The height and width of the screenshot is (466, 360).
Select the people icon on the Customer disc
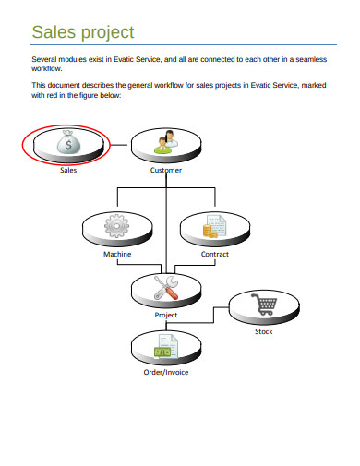point(166,141)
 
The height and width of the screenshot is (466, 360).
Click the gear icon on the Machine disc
point(115,225)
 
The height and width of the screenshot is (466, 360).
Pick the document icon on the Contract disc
point(214,226)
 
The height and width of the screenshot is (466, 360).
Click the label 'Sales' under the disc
point(68,171)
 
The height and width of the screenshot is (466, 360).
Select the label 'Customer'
point(166,171)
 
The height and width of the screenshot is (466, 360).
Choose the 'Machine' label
point(116,254)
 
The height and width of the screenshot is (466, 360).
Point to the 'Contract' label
point(214,254)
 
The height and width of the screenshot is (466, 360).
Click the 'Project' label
point(166,315)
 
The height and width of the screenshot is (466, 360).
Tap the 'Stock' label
point(263,331)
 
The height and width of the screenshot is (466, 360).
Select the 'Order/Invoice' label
point(166,373)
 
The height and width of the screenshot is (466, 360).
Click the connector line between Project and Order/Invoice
point(166,326)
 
